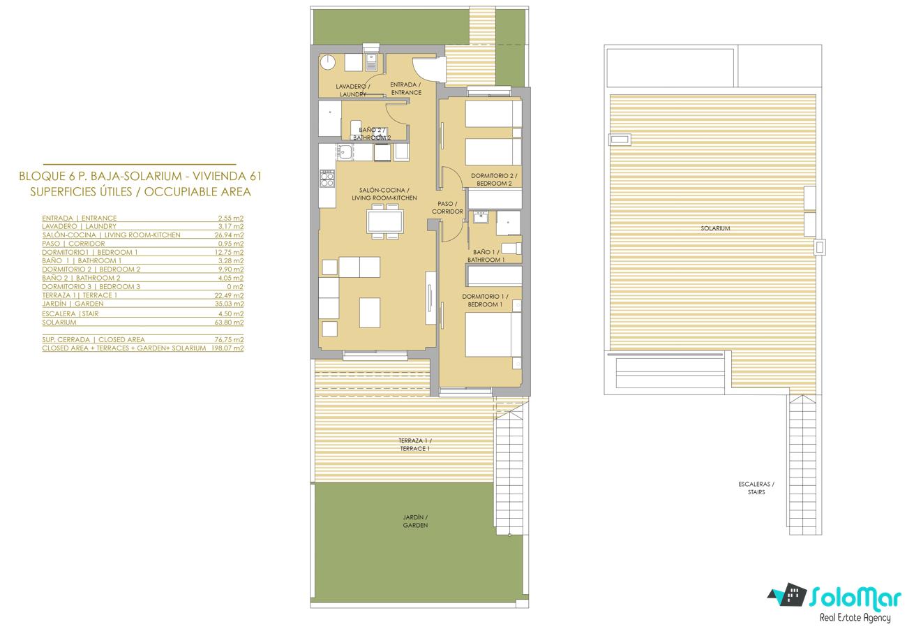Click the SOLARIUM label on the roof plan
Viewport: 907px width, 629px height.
pos(715,228)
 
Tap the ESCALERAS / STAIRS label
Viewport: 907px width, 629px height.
pos(756,488)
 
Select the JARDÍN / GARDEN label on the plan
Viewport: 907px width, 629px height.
pos(415,521)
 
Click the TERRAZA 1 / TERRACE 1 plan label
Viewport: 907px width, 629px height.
pos(415,445)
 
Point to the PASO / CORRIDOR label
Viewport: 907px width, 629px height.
pos(447,207)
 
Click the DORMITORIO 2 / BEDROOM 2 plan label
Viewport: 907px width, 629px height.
pos(494,179)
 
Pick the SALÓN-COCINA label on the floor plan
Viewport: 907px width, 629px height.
pos(384,190)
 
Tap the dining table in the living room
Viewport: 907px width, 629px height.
pos(384,221)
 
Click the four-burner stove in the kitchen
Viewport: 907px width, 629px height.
pos(328,178)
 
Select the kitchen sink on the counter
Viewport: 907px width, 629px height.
pos(345,152)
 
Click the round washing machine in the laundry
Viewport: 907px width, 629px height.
pos(328,63)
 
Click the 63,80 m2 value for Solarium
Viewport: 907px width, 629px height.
pos(229,323)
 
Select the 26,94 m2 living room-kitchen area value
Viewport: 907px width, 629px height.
pos(229,235)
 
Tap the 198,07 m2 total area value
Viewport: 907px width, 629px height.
pos(227,348)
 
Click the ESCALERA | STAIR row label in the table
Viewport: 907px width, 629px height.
pos(70,313)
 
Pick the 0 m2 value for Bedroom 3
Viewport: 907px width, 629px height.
pos(235,286)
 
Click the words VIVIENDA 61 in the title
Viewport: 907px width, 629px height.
pos(227,177)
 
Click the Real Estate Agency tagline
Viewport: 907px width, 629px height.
pos(855,618)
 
